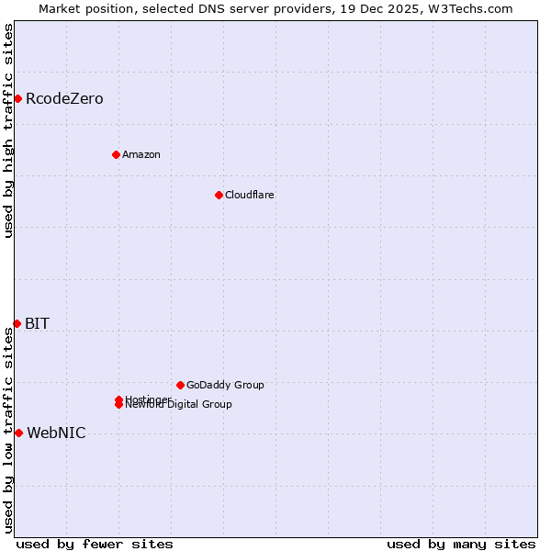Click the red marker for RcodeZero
click(17, 98)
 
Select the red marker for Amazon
click(116, 154)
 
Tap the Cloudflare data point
click(219, 195)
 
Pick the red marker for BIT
click(17, 323)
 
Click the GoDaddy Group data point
click(180, 385)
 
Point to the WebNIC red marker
click(18, 433)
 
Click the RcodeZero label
click(64, 98)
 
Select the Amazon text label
click(141, 154)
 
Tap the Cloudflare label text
click(250, 195)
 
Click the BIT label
click(38, 323)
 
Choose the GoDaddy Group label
click(225, 385)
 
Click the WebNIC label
click(56, 433)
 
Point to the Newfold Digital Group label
click(180, 405)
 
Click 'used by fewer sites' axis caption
click(95, 544)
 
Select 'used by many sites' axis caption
click(461, 544)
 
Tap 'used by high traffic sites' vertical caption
click(8, 131)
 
